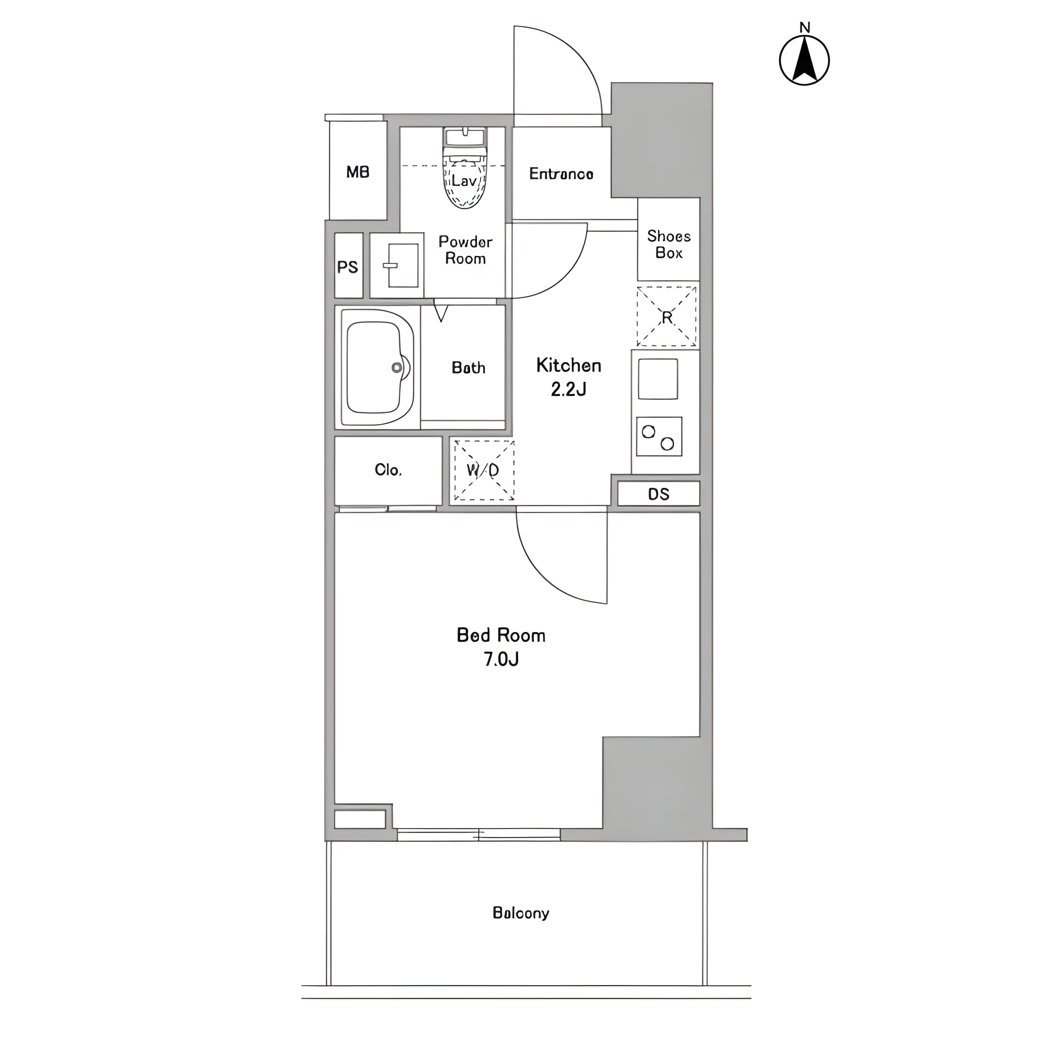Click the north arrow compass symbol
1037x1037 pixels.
click(804, 60)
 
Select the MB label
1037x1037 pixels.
click(357, 172)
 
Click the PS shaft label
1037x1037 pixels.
click(347, 267)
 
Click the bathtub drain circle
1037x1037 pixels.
click(397, 368)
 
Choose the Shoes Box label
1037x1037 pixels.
click(669, 244)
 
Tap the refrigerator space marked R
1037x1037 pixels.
click(667, 317)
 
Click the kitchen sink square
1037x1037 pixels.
click(658, 379)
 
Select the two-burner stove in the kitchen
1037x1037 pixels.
click(659, 436)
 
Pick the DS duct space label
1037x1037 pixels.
click(659, 494)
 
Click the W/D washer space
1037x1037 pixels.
click(484, 471)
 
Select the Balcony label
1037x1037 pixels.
click(521, 913)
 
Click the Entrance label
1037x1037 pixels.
click(561, 173)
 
